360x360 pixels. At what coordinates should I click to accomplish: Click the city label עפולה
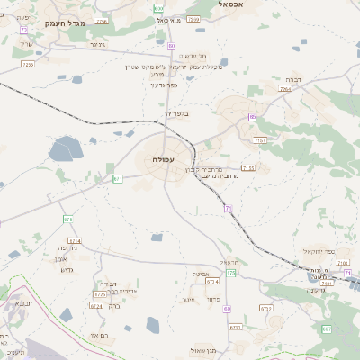pyautogui.click(x=163, y=159)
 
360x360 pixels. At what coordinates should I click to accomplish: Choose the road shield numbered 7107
pyautogui.click(x=260, y=140)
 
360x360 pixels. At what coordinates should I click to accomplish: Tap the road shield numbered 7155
pyautogui.click(x=248, y=167)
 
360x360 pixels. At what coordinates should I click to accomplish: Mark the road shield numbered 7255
pyautogui.click(x=27, y=65)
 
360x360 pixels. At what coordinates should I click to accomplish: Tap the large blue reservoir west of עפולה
pyautogui.click(x=66, y=149)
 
